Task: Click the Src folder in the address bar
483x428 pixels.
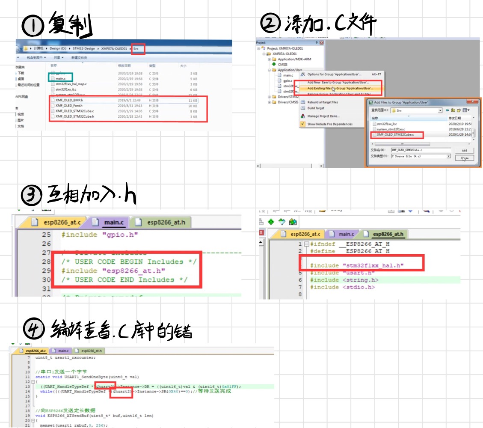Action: click(137, 49)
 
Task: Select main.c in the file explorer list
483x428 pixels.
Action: click(61, 79)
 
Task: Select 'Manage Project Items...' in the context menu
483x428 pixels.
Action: click(323, 116)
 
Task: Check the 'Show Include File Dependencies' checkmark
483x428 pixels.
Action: click(302, 124)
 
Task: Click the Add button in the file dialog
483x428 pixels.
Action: click(464, 150)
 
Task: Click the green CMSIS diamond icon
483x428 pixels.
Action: click(274, 64)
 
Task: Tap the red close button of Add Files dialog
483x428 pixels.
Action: click(473, 102)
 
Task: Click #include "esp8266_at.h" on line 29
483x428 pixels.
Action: click(113, 271)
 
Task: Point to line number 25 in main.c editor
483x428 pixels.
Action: click(46, 235)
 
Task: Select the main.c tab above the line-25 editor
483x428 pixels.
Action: click(110, 223)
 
